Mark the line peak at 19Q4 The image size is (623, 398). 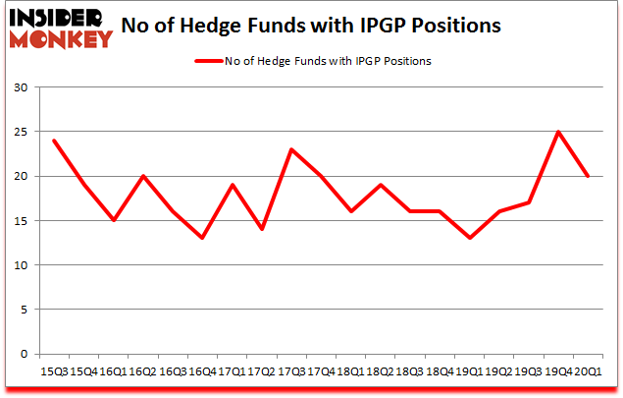558,132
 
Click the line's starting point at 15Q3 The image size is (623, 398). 54,141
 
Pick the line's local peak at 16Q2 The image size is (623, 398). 143,176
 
